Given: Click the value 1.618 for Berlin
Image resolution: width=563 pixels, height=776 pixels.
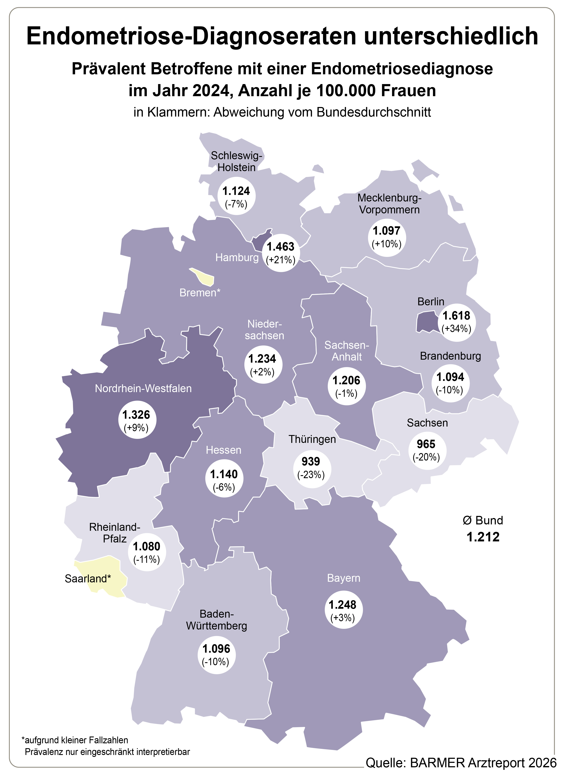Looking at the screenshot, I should (456, 315).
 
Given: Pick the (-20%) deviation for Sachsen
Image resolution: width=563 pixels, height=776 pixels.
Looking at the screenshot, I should (426, 457).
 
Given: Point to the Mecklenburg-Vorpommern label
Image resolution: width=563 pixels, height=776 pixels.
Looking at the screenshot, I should (389, 204).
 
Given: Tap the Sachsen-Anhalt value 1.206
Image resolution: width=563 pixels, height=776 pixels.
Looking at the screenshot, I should (346, 380).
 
